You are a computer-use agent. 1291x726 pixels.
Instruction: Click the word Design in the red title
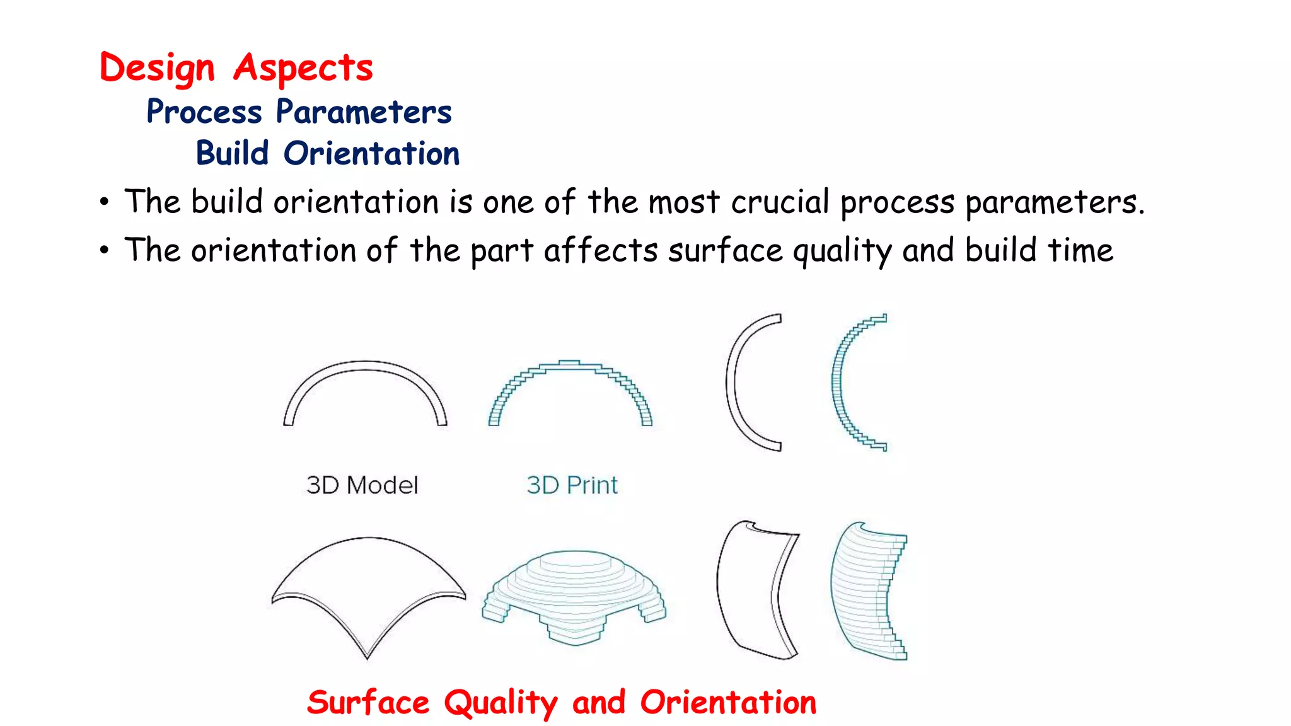click(157, 68)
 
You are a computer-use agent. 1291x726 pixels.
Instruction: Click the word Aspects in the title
click(303, 68)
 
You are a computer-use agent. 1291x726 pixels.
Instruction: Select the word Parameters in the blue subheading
click(364, 112)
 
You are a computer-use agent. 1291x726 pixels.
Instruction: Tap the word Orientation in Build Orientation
click(371, 154)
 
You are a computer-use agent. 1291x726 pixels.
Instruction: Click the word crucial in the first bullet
click(780, 202)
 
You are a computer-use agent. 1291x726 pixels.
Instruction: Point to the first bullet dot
click(105, 203)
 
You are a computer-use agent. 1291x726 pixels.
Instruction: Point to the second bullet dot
click(105, 251)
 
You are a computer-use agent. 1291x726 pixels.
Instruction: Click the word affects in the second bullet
click(601, 250)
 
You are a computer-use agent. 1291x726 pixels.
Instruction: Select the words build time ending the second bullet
click(1039, 250)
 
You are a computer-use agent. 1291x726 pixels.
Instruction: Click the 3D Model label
click(362, 485)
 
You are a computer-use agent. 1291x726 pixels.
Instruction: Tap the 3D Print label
click(572, 485)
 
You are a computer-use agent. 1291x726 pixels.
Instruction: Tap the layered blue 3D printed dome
click(574, 592)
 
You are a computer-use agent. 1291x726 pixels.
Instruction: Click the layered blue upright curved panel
click(864, 589)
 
